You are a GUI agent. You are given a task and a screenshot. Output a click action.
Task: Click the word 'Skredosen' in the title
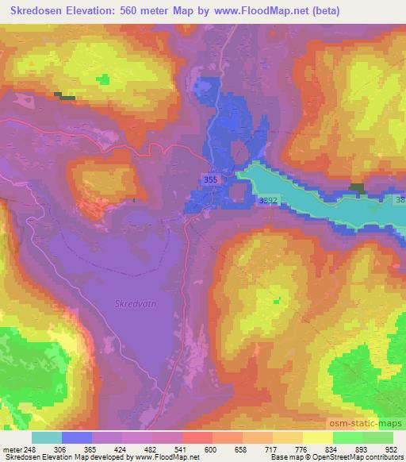coord(36,11)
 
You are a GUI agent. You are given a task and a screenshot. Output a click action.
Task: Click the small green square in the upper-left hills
coord(104,79)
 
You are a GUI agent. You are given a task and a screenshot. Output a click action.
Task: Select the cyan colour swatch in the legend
coord(47,437)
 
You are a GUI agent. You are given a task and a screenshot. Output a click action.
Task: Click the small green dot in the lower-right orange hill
coord(278,299)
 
